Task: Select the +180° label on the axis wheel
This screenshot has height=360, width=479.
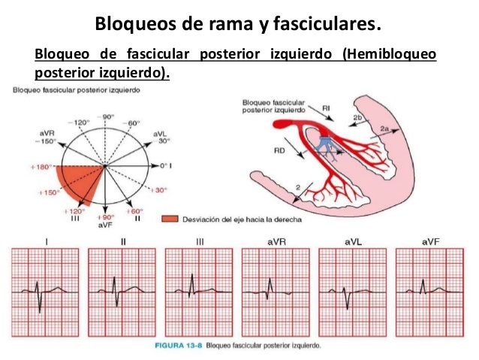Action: pyautogui.click(x=42, y=165)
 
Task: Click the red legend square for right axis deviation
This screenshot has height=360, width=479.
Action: pyautogui.click(x=169, y=219)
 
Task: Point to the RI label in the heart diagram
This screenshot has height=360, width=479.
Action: pyautogui.click(x=327, y=109)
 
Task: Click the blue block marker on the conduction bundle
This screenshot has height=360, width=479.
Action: pyautogui.click(x=327, y=145)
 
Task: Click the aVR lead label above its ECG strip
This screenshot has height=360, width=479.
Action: pyautogui.click(x=272, y=242)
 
